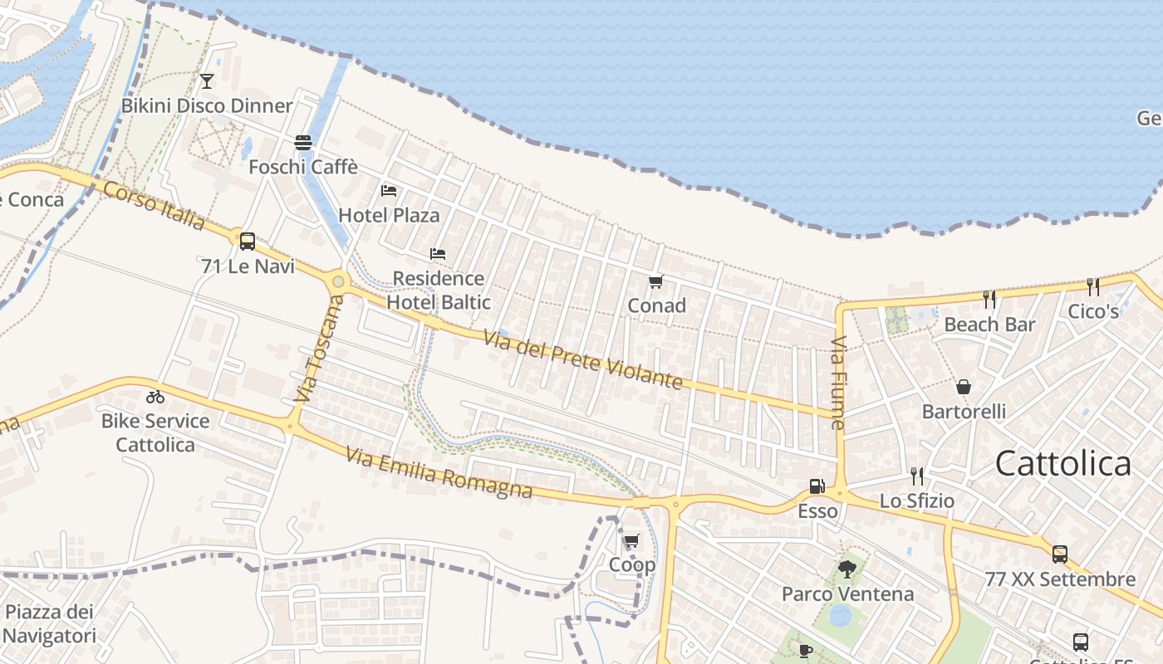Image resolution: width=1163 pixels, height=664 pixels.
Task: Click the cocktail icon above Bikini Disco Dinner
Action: [207, 81]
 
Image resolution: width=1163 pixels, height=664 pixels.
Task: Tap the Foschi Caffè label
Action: [303, 167]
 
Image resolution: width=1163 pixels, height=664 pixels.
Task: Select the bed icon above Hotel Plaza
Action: [388, 191]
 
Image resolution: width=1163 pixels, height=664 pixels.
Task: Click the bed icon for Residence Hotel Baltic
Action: [438, 253]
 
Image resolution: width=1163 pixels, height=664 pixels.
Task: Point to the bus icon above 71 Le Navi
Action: [247, 242]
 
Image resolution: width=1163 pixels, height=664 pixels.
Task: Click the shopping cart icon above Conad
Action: [656, 281]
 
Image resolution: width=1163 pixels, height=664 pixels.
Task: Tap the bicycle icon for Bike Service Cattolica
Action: [155, 396]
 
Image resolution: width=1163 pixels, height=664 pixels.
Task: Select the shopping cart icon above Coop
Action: [631, 541]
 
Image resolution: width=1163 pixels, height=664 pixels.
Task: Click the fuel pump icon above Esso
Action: [817, 486]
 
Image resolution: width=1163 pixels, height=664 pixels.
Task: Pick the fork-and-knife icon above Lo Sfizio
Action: [916, 476]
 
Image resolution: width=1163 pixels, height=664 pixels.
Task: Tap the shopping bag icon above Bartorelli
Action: [964, 387]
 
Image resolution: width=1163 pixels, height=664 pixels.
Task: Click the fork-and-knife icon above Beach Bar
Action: [989, 299]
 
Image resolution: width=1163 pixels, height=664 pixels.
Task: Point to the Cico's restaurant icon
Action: [1093, 287]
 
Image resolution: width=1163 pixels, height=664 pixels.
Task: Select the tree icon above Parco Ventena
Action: [847, 569]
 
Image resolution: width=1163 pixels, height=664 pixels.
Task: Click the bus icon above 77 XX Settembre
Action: [1059, 554]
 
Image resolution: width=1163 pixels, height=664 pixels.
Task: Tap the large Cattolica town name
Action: [1062, 463]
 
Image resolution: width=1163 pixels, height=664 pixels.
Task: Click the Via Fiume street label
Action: [837, 383]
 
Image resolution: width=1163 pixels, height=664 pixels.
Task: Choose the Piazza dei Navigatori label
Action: [49, 624]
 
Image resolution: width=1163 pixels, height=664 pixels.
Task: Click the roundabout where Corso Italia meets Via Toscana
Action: [337, 282]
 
